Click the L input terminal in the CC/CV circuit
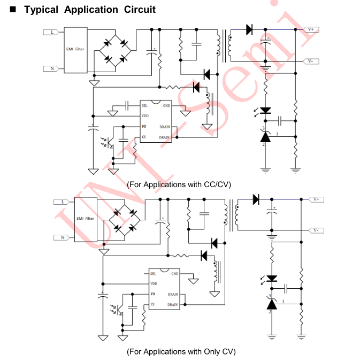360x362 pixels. click(51, 32)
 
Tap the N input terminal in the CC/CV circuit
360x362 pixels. click(51, 68)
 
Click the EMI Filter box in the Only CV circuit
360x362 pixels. click(86, 218)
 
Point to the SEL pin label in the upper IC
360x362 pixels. click(144, 106)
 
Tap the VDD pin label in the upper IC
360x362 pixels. click(145, 116)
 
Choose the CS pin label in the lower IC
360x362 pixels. click(152, 304)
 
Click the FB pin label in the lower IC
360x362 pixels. click(153, 294)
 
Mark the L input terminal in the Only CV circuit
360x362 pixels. click(62, 202)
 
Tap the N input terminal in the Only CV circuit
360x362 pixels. click(62, 237)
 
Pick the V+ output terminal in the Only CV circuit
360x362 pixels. click(317, 199)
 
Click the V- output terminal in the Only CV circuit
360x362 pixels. click(317, 230)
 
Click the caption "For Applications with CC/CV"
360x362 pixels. click(180, 184)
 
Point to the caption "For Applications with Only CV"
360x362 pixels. click(181, 351)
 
